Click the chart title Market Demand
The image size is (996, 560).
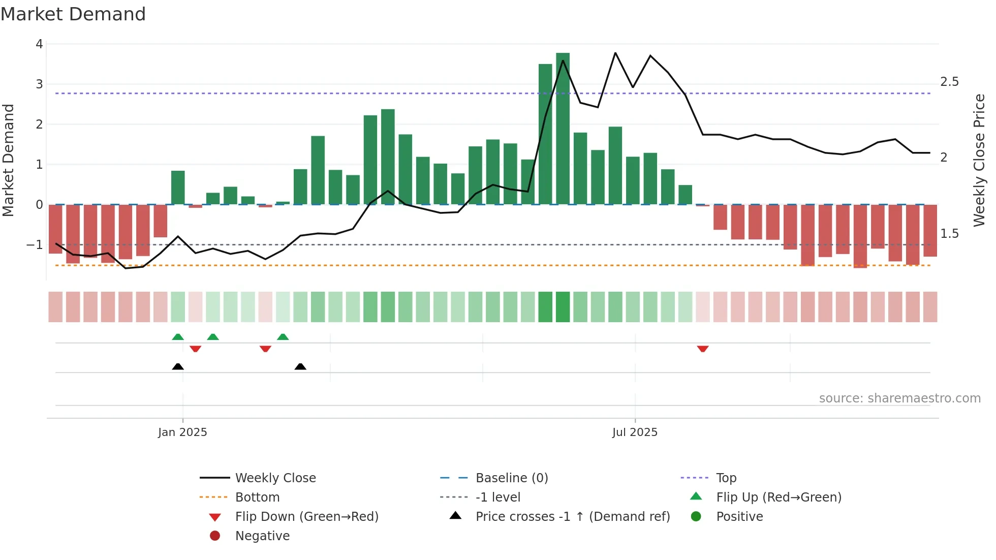[73, 14]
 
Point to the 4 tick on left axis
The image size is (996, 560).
[39, 44]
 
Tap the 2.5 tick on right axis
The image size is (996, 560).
[949, 82]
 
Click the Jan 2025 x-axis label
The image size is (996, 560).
[182, 432]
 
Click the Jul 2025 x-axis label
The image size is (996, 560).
[635, 432]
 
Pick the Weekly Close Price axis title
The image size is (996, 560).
[979, 160]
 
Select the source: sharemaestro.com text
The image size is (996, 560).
[899, 398]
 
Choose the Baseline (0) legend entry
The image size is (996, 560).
[511, 478]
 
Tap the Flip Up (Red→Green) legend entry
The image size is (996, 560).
[779, 497]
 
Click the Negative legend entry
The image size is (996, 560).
[262, 536]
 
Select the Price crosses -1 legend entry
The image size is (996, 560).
[572, 516]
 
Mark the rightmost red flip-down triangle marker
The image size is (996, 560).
[703, 349]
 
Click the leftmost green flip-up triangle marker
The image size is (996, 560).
[178, 337]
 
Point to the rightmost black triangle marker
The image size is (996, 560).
[300, 366]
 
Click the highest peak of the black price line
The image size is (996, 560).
[615, 53]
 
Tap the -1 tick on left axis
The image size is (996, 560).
[35, 245]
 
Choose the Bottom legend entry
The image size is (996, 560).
[257, 497]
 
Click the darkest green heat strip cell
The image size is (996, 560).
[563, 307]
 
